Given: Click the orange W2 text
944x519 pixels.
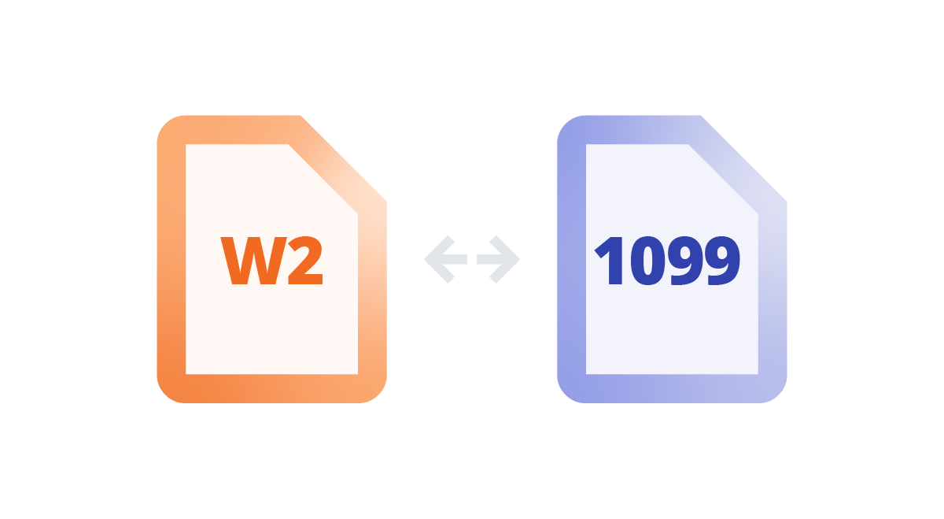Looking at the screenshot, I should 272,261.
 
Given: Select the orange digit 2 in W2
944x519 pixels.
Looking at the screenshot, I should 304,261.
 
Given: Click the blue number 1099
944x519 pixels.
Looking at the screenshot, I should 667,261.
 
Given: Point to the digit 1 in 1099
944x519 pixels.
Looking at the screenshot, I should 610,261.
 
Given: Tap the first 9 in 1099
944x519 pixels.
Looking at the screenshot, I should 684,261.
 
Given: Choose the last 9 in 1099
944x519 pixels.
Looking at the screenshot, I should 721,261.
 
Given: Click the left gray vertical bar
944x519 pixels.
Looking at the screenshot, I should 444,331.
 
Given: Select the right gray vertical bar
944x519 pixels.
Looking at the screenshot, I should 499,331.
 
